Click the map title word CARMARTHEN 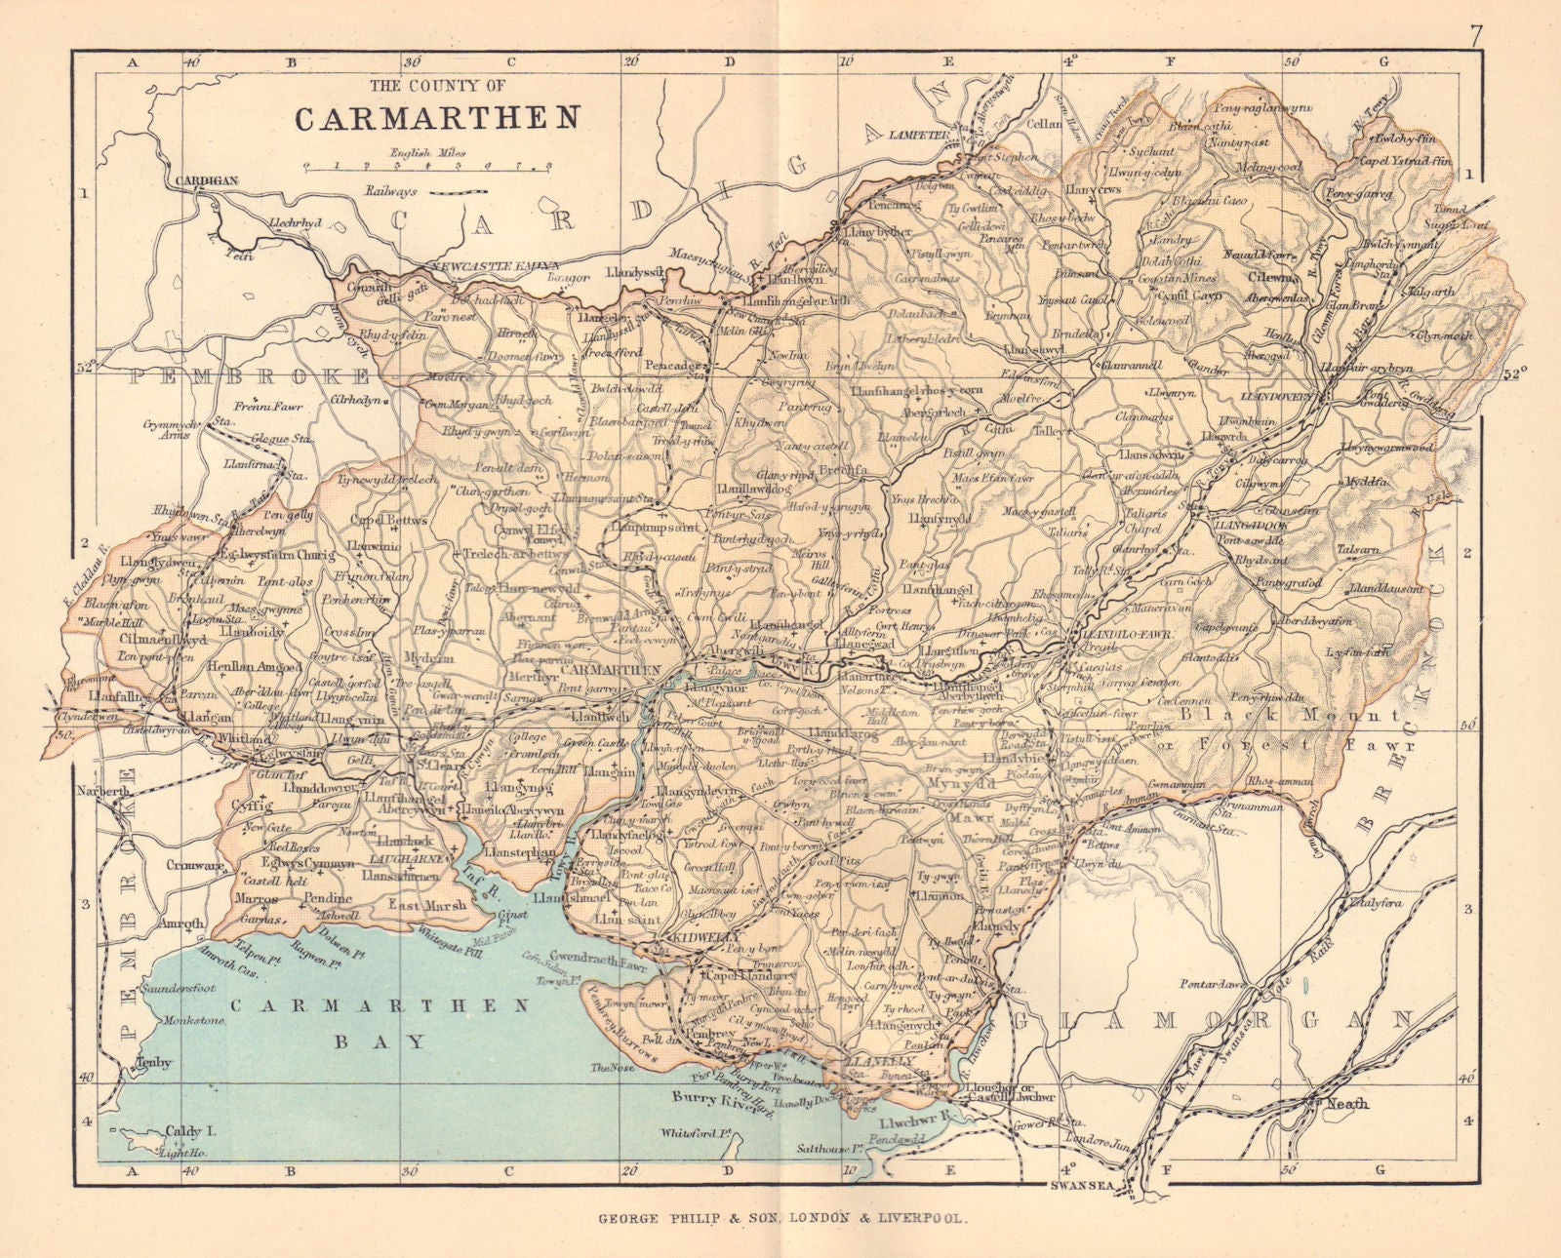click(437, 117)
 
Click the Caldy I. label click(191, 1132)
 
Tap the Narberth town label click(106, 793)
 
